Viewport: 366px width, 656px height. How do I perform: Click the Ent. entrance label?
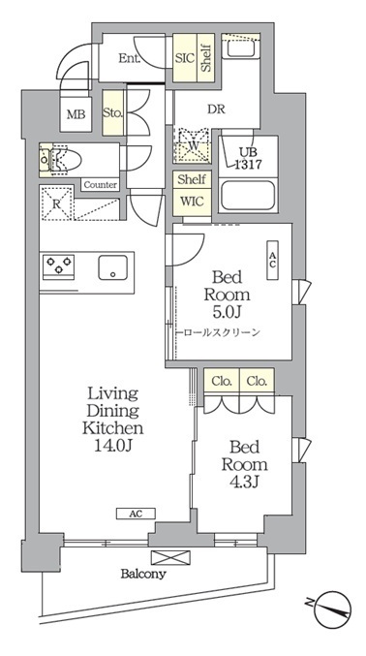(129, 58)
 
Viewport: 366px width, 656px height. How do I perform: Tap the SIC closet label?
(185, 58)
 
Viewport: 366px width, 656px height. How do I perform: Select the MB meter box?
(76, 114)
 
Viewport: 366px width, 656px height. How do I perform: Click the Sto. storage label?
(112, 113)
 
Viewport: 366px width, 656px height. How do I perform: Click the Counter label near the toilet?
(101, 184)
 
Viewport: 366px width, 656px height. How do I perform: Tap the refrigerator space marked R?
(57, 203)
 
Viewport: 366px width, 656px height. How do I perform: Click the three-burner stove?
(58, 266)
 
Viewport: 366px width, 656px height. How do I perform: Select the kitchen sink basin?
(113, 267)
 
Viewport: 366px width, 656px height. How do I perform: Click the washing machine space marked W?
(193, 144)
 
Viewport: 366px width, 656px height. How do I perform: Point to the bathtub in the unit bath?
(248, 196)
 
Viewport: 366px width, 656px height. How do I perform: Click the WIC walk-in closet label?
(192, 201)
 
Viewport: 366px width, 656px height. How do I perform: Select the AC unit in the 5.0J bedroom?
(272, 261)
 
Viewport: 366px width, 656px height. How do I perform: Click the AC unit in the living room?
(136, 514)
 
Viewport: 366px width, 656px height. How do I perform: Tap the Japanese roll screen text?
(222, 333)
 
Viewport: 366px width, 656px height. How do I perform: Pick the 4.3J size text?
(244, 482)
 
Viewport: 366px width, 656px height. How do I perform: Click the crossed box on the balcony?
(170, 557)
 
